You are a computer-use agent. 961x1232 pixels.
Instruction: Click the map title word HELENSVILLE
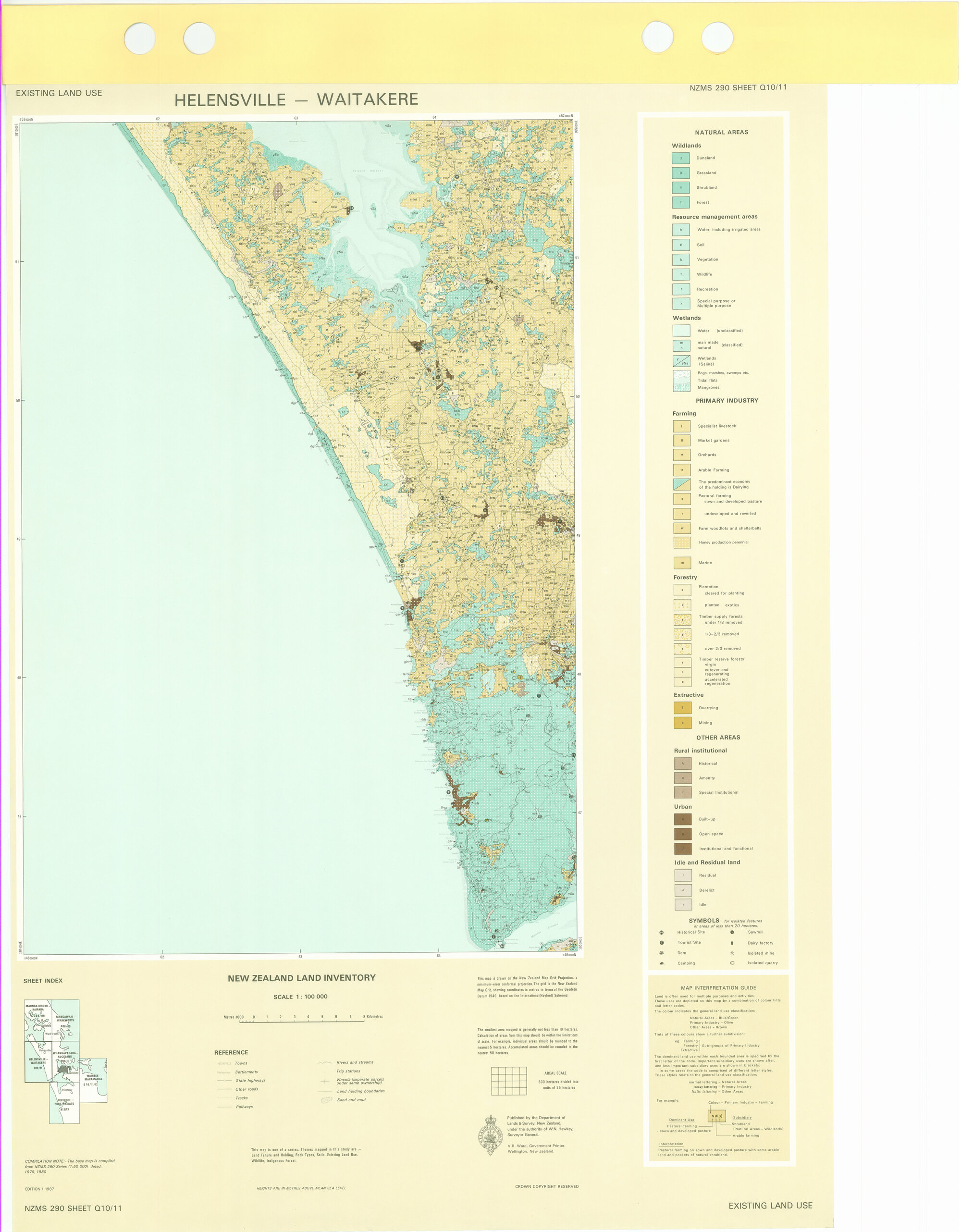point(230,100)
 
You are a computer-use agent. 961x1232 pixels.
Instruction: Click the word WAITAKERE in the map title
point(367,99)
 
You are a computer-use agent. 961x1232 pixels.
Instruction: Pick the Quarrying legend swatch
point(682,707)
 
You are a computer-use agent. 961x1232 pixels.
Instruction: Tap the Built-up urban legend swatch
point(682,819)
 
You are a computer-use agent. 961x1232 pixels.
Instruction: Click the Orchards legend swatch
point(681,455)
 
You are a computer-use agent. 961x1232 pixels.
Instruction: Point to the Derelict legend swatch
point(683,890)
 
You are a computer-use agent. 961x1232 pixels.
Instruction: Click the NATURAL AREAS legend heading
point(721,133)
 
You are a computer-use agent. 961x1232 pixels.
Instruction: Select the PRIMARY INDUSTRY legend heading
point(727,401)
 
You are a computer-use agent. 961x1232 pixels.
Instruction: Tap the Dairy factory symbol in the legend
point(732,943)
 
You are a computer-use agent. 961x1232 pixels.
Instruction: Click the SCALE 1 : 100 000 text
point(300,996)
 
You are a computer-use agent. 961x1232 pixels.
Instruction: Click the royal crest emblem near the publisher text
point(491,1135)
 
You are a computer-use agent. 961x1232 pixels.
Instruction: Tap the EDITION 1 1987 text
point(39,1189)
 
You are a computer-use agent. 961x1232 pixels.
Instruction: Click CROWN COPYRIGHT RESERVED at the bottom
point(546,1186)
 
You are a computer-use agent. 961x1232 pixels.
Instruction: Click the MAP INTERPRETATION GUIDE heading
point(718,988)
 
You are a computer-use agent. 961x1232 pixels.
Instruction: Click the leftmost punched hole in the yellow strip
point(139,38)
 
